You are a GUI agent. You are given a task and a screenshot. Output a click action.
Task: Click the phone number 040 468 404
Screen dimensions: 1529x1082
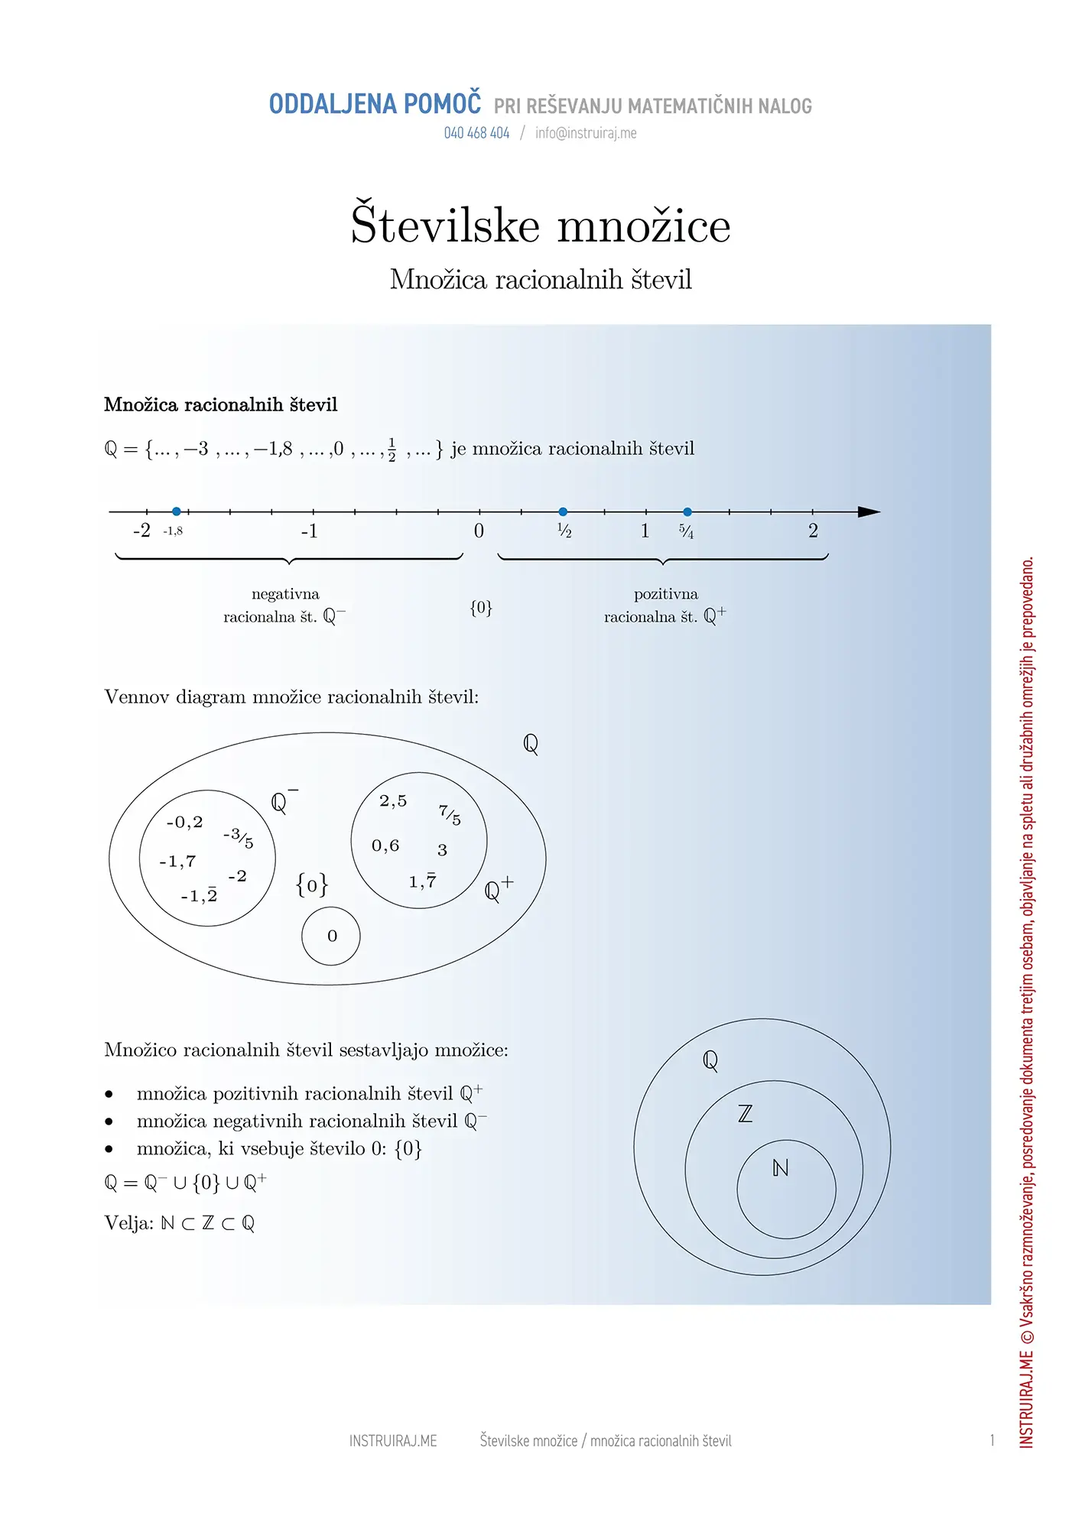click(x=476, y=133)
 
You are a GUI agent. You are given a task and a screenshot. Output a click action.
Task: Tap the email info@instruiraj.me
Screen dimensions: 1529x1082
click(x=586, y=133)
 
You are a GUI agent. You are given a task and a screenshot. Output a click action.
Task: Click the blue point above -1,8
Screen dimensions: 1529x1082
click(x=177, y=511)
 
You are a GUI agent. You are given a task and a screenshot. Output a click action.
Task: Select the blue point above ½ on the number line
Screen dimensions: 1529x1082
click(x=563, y=511)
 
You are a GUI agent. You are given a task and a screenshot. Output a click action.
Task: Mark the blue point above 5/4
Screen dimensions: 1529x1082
click(x=687, y=511)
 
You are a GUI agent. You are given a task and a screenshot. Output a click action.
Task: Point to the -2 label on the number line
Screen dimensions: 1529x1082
click(x=141, y=531)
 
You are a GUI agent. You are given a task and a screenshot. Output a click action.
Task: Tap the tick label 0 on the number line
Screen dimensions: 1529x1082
click(x=479, y=531)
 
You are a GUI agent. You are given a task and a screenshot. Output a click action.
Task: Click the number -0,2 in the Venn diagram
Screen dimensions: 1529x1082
click(x=184, y=822)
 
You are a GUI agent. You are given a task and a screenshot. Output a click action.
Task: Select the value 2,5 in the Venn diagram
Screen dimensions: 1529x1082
click(x=393, y=800)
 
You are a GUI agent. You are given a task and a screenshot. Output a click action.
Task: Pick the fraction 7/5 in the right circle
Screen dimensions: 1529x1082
click(x=450, y=815)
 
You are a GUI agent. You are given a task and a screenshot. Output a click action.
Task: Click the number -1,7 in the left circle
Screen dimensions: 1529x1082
click(x=177, y=862)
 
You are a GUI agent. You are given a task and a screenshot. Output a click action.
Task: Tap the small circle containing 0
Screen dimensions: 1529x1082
click(x=331, y=936)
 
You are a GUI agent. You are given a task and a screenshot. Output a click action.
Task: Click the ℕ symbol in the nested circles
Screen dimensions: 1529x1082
click(x=780, y=1168)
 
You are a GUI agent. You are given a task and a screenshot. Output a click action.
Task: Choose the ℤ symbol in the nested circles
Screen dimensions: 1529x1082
click(x=745, y=1114)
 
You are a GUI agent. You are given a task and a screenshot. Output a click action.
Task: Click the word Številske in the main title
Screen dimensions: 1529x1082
click(x=445, y=226)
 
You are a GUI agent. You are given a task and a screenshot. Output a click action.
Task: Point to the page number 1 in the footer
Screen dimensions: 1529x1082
click(x=992, y=1440)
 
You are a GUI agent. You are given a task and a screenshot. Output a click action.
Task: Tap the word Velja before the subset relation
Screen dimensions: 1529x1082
click(x=128, y=1223)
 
